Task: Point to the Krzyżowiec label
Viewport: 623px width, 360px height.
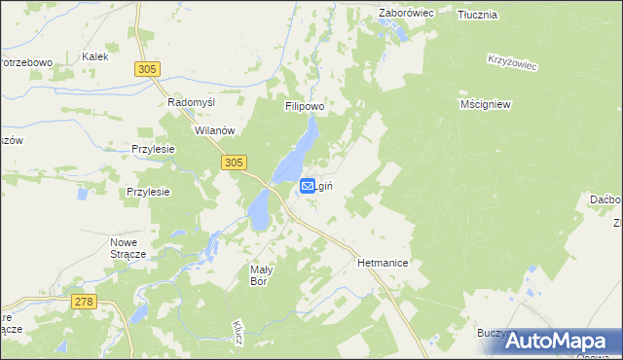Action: click(512, 60)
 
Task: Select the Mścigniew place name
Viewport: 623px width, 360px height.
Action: click(486, 103)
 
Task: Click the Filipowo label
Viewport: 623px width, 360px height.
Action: click(304, 106)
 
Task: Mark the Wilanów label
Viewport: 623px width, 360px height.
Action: click(215, 129)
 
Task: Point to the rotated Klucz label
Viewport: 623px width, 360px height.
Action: click(238, 332)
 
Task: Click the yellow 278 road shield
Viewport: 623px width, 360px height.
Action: click(84, 303)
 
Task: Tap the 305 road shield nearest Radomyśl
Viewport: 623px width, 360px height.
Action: click(148, 68)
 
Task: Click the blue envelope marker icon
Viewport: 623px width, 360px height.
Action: click(308, 185)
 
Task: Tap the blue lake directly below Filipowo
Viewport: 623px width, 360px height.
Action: click(301, 150)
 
